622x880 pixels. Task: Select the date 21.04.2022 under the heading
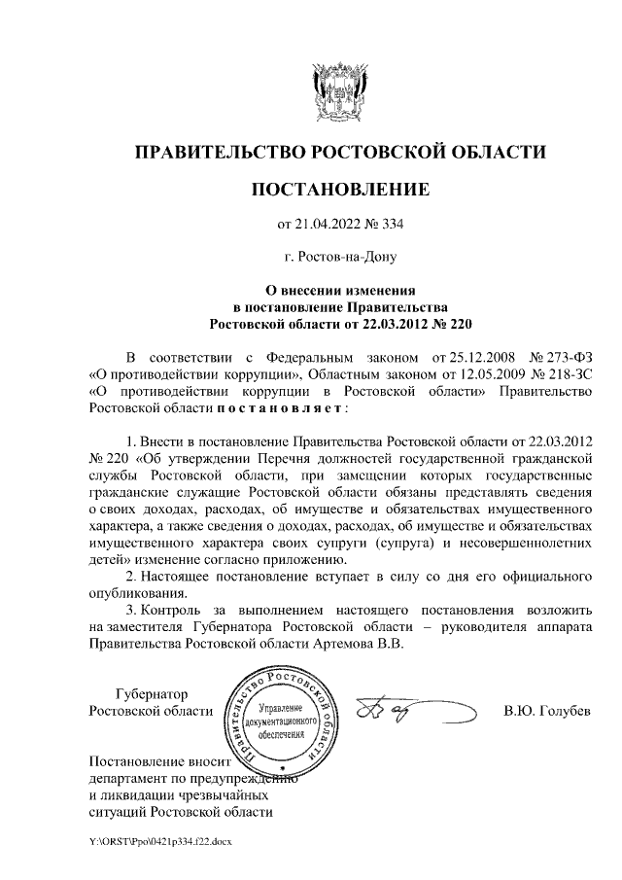tap(328, 226)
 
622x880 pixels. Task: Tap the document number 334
tap(391, 226)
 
